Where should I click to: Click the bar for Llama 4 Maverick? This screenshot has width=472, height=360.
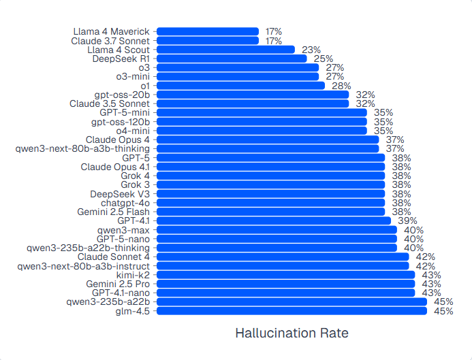[208, 31]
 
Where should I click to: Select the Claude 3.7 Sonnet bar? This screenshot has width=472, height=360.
[208, 41]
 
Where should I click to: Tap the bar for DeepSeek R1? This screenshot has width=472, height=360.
[232, 59]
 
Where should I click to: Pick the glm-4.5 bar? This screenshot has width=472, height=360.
[292, 311]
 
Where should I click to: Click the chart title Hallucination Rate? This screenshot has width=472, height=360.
[292, 333]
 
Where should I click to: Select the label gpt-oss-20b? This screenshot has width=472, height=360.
[122, 95]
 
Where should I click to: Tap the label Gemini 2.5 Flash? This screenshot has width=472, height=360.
[114, 212]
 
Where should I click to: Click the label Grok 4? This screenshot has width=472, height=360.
[136, 176]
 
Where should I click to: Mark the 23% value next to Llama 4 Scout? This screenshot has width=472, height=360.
[311, 50]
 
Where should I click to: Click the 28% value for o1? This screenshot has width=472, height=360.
[341, 86]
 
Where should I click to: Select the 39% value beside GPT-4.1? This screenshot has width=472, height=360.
[407, 220]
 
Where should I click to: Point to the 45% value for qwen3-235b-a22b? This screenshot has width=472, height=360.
[443, 302]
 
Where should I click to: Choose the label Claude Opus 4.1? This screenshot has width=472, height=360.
[115, 167]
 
